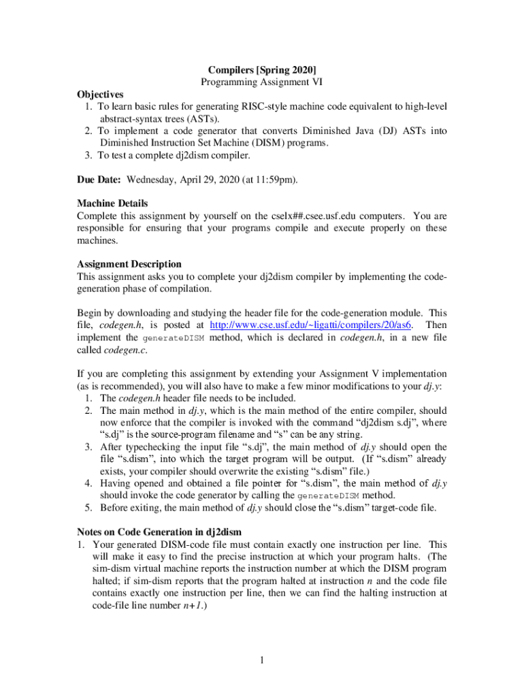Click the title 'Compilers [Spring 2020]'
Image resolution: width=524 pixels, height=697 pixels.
(x=262, y=69)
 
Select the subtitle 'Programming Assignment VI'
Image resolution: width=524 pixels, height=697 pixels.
(x=262, y=82)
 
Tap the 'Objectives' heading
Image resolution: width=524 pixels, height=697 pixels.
(x=100, y=94)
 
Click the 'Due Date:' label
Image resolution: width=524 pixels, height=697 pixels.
(x=99, y=179)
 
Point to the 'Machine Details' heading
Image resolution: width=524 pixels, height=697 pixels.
(x=112, y=203)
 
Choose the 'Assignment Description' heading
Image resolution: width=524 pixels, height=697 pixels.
(x=129, y=263)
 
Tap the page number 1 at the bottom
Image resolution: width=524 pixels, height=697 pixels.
(x=262, y=660)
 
